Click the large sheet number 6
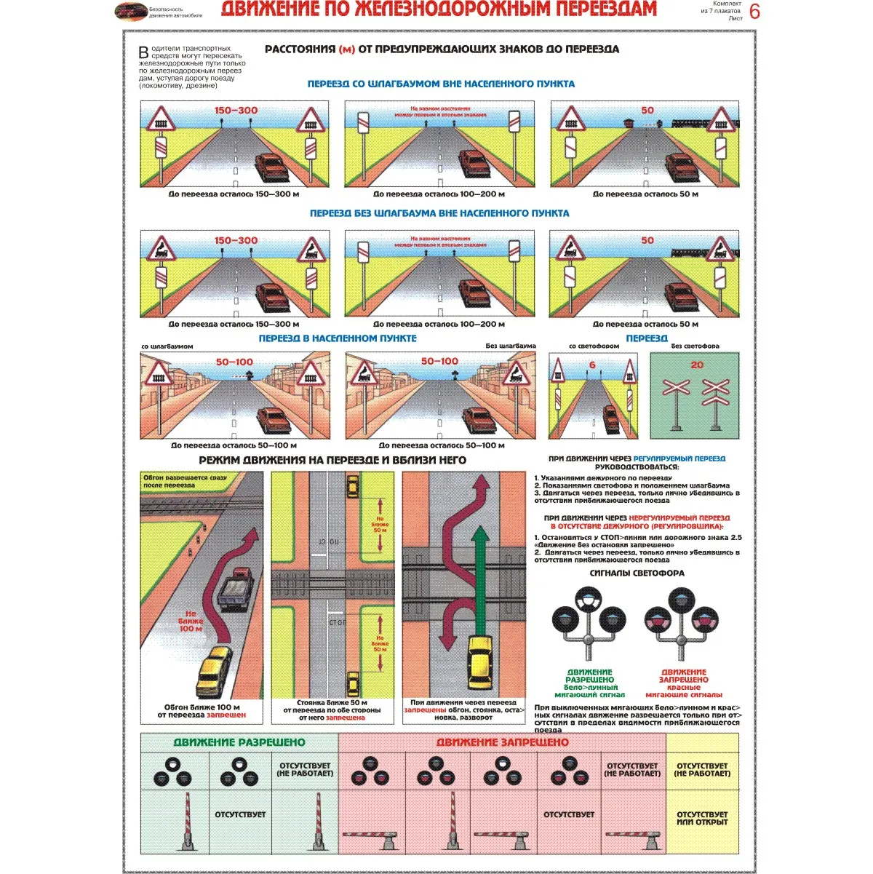(754, 12)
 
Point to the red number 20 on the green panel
(697, 365)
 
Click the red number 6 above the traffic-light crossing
(592, 365)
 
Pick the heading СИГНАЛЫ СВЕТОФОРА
(637, 573)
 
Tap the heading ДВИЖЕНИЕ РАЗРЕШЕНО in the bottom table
(239, 742)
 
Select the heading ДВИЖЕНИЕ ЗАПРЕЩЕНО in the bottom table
(502, 742)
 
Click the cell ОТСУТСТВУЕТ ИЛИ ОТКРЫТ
(702, 818)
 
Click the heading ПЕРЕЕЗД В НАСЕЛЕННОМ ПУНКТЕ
(338, 338)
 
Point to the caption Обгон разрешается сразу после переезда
(185, 481)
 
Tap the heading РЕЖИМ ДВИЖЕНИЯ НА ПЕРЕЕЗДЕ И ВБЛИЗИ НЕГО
(332, 460)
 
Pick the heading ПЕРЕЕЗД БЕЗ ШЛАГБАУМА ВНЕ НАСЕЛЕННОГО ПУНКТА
(439, 213)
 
